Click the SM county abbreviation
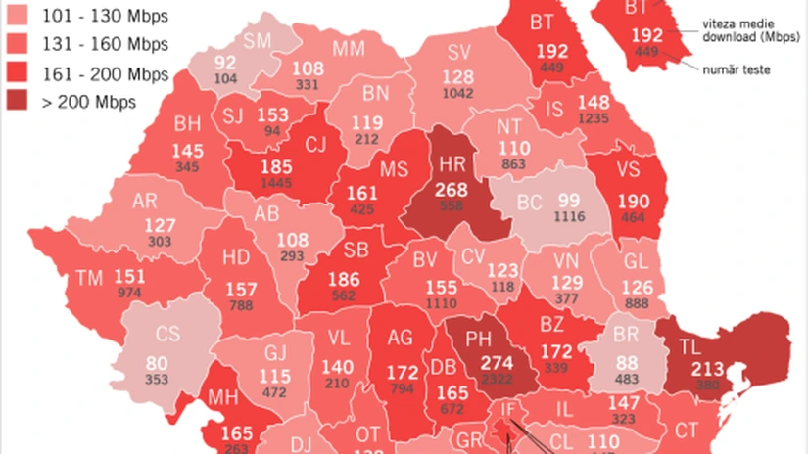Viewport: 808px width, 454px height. click(259, 40)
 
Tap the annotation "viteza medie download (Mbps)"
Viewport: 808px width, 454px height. click(743, 31)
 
